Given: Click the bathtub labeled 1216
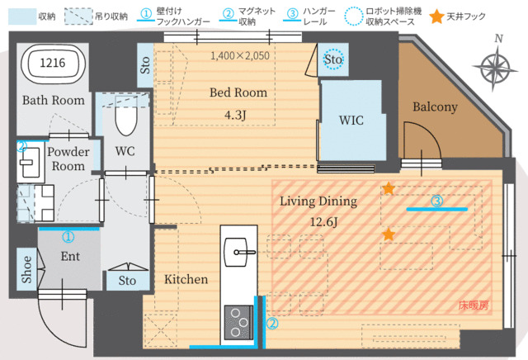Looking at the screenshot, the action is pos(53,64).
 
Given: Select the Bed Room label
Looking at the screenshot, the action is pos(238,92).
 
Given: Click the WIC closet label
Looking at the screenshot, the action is pos(351,121).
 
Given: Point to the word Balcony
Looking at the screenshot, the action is pos(435,107).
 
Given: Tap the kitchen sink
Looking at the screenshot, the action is pos(237,252).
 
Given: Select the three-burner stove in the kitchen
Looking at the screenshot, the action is pos(238,323).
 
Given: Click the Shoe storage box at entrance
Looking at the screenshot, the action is pos(26,269).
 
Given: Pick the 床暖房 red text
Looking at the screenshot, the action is pos(473,306).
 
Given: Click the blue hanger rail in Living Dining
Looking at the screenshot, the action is pos(436,210).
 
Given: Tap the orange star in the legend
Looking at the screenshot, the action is pos(436,17).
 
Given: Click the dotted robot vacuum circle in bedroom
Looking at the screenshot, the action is pos(333,59).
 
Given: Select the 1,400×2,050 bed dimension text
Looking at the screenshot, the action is pos(240,55).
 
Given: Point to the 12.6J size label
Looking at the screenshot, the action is pos(323,222).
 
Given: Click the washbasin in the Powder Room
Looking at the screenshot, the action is pos(30,163).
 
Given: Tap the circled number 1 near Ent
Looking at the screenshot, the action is pos(68,237).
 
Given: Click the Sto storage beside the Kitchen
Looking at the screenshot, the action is pos(128,281).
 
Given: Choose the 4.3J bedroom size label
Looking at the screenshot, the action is pos(235,115).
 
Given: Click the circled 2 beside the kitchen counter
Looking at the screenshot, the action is pos(272,324).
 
